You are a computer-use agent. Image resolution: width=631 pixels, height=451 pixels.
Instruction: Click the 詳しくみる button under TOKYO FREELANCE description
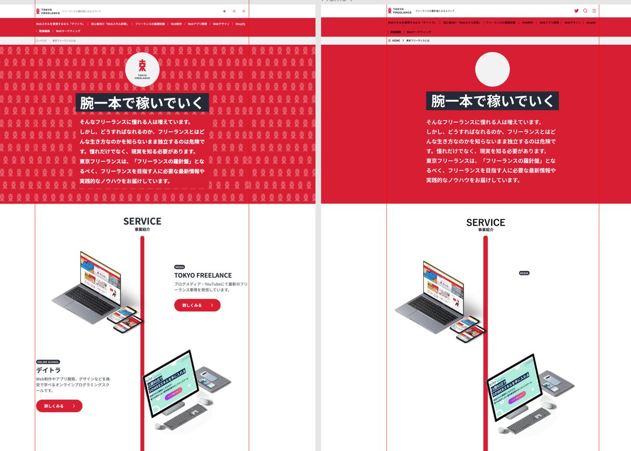(197, 305)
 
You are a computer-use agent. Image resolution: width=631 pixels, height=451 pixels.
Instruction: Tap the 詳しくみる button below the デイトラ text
(59, 406)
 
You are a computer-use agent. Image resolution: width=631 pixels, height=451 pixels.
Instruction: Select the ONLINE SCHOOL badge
(48, 362)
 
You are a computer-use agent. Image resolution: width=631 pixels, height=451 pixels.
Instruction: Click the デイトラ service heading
(45, 370)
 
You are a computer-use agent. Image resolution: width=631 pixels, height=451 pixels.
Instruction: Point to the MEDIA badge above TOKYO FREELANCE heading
(180, 267)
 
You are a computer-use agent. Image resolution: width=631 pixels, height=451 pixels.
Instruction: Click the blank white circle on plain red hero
(492, 69)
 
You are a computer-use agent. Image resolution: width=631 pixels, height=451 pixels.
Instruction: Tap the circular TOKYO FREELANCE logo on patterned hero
(142, 69)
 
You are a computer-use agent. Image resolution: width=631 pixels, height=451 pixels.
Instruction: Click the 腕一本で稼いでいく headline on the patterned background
(142, 103)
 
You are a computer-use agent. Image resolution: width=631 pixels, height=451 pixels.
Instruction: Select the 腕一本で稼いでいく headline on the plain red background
(492, 101)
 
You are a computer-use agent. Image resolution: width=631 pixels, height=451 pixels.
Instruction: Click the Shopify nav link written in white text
(240, 24)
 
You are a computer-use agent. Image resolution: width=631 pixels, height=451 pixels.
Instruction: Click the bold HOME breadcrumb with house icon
(394, 40)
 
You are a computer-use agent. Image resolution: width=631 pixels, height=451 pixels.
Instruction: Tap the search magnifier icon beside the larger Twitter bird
(585, 11)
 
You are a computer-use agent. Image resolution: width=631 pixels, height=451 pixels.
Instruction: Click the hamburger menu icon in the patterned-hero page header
(243, 11)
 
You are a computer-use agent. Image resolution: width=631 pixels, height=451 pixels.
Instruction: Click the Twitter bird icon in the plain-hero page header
(576, 11)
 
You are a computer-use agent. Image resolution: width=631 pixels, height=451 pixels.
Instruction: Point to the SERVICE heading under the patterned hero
(142, 222)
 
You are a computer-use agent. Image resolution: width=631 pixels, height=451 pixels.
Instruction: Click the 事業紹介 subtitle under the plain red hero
(486, 229)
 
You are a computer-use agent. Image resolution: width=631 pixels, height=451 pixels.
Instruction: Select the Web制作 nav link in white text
(176, 24)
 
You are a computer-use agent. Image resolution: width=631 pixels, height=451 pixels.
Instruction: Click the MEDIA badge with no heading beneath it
(524, 273)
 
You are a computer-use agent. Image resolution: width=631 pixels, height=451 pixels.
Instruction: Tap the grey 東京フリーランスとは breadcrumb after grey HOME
(64, 41)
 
